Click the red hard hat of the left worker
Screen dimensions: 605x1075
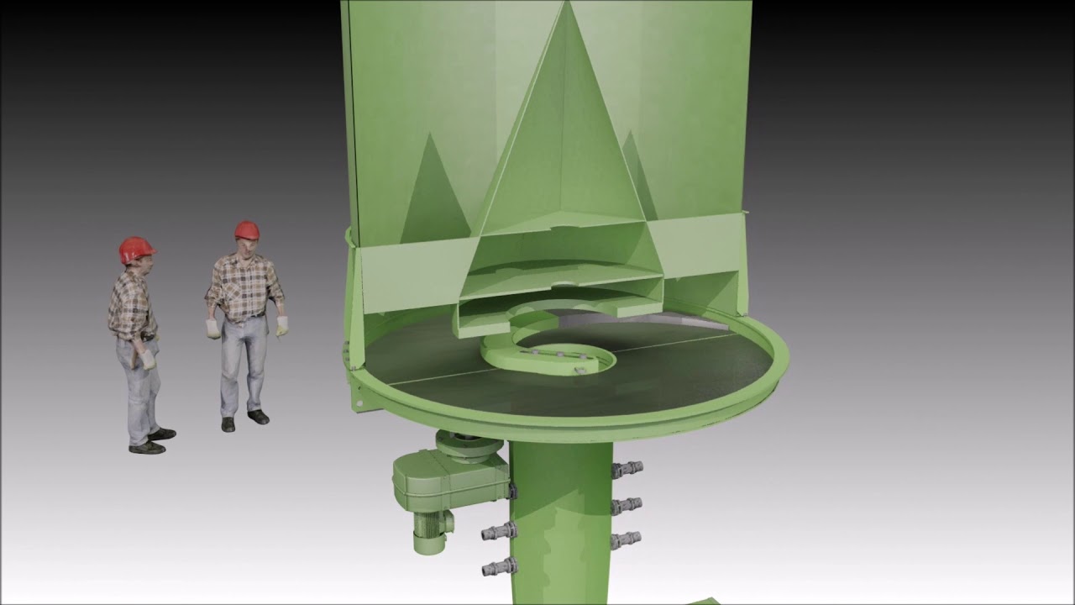pyautogui.click(x=135, y=249)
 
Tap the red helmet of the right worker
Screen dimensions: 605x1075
pyautogui.click(x=247, y=229)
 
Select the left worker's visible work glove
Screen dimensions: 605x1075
pyautogui.click(x=149, y=360)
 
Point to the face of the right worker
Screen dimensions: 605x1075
pyautogui.click(x=246, y=247)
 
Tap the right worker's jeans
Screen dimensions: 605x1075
pyautogui.click(x=243, y=366)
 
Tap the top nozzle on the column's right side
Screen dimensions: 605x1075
pyautogui.click(x=628, y=469)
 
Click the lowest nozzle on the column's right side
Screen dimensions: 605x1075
pyautogui.click(x=627, y=539)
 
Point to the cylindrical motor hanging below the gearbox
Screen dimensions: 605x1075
pyautogui.click(x=432, y=531)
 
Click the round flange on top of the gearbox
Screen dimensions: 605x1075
pyautogui.click(x=466, y=445)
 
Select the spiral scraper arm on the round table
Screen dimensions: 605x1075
pyautogui.click(x=546, y=353)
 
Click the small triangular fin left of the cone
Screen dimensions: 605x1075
pyautogui.click(x=433, y=193)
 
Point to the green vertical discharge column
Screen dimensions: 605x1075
pyautogui.click(x=558, y=521)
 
